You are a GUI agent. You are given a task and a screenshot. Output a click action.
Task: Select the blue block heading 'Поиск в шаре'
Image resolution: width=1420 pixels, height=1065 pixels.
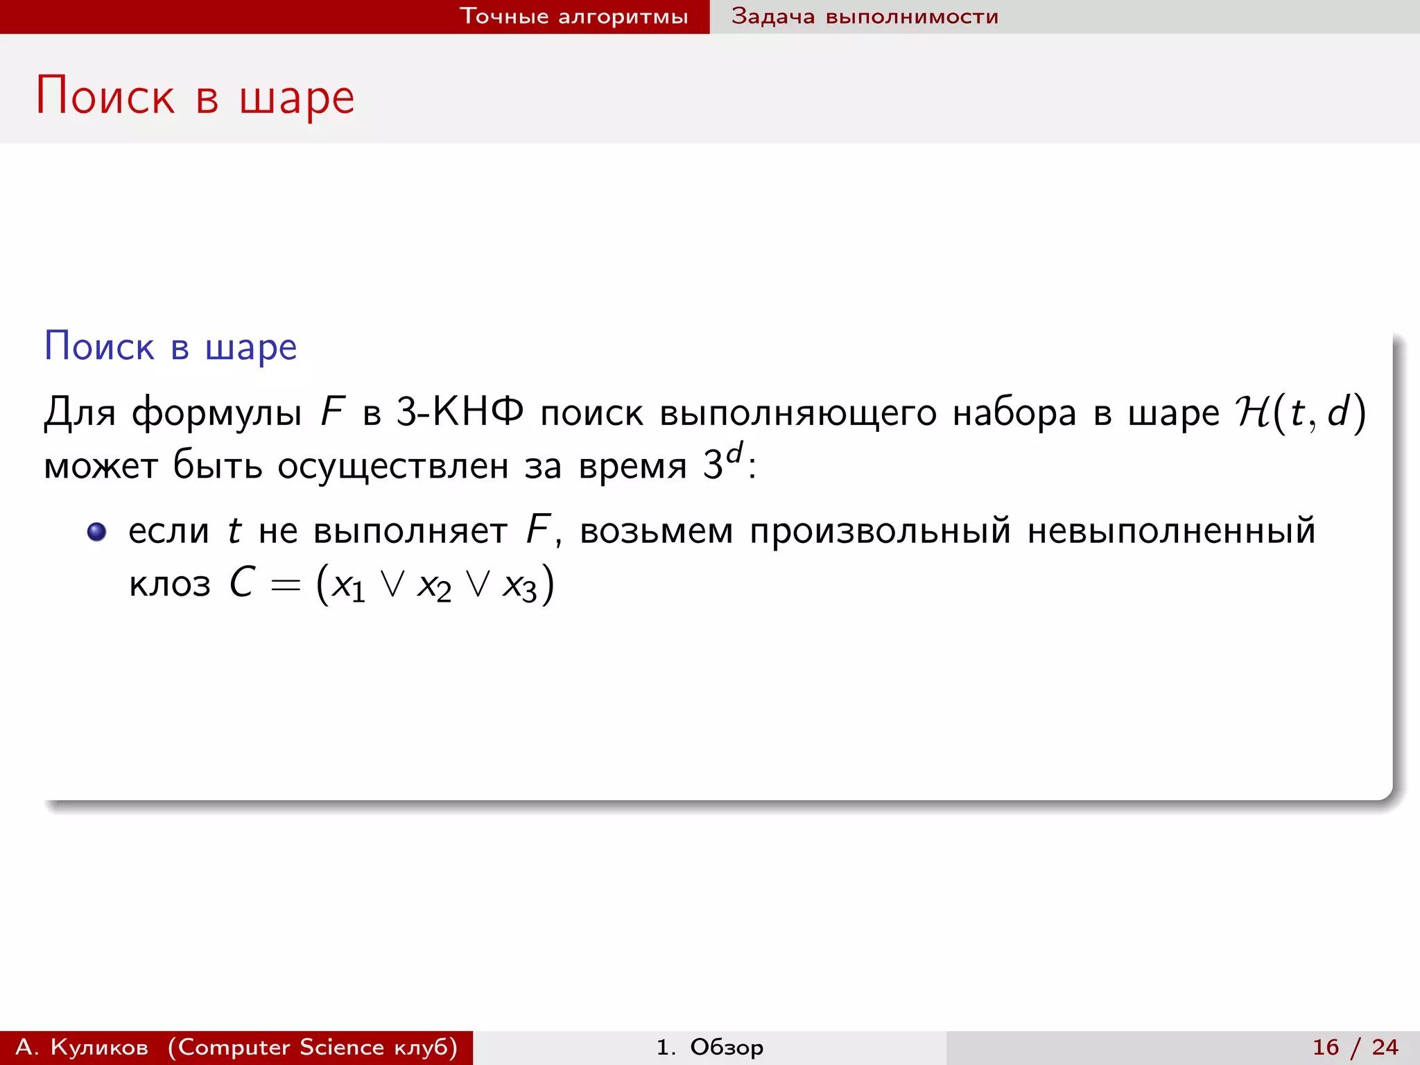171,346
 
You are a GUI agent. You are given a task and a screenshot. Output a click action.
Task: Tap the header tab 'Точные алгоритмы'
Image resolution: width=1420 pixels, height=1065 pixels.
573,16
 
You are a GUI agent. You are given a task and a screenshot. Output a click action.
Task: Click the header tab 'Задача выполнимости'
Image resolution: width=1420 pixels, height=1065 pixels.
865,16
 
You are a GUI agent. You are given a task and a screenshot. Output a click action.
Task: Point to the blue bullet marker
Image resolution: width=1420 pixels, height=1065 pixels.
96,532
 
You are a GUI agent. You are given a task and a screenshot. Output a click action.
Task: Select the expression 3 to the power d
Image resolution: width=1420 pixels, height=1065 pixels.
722,462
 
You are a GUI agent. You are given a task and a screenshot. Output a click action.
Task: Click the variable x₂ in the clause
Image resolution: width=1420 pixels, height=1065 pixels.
434,586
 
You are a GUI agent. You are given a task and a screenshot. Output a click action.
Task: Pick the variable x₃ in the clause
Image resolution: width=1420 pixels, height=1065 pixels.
519,586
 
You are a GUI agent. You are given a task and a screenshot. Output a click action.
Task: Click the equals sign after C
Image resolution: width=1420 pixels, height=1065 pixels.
286,586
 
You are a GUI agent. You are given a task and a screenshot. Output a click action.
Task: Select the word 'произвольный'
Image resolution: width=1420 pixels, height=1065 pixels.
880,532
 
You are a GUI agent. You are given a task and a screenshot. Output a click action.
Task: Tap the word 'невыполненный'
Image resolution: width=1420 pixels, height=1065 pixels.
1171,532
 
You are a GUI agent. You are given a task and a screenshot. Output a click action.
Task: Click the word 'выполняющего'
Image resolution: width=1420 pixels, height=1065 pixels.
797,413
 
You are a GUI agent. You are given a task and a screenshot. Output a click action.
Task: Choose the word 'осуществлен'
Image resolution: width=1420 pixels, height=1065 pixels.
392,465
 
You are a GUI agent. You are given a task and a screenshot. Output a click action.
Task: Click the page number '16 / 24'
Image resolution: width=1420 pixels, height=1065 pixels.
1355,1047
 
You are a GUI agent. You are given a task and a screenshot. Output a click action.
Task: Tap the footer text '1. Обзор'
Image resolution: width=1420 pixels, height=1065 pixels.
709,1047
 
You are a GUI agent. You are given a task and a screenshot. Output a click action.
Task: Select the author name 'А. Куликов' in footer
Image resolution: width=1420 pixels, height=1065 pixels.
82,1047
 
